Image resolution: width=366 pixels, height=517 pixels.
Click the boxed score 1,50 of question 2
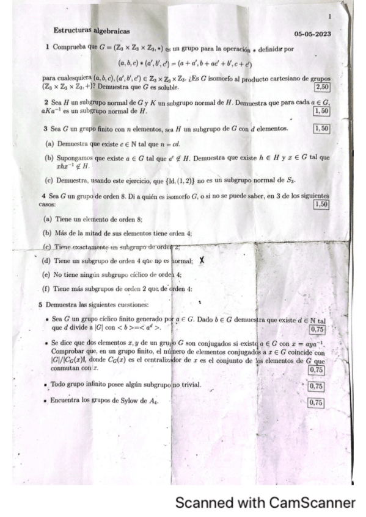320,111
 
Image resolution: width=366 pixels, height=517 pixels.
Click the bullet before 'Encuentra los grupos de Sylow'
46,402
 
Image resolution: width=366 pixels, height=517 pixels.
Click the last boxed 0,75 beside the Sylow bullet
317,402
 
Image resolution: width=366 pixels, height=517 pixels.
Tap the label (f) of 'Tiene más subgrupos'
46,288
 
